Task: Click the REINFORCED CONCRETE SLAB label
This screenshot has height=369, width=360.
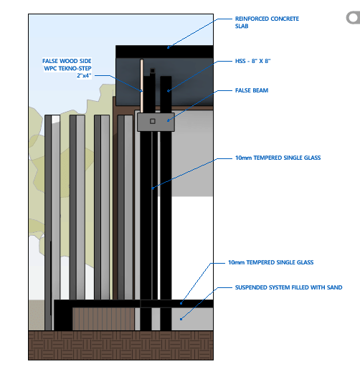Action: tap(267, 22)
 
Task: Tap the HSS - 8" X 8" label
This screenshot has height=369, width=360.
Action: tap(252, 61)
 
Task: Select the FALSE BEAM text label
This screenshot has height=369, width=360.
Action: tap(252, 90)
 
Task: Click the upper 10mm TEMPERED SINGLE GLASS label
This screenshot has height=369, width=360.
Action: tap(278, 158)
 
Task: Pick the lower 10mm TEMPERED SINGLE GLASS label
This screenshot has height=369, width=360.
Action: tap(270, 262)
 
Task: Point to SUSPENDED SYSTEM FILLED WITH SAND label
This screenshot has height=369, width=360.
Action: tap(288, 287)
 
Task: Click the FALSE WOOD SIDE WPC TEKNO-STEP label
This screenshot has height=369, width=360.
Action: tap(67, 68)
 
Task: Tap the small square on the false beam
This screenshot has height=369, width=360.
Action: tap(153, 121)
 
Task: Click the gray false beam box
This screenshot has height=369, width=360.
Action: tap(156, 122)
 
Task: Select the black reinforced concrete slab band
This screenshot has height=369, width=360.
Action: tap(164, 52)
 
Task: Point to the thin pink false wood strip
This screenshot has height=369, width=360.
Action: tap(142, 86)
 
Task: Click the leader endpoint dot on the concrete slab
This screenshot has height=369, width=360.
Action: tap(168, 47)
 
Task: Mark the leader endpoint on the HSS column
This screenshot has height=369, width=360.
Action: tap(169, 91)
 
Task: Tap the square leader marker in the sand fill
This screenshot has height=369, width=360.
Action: tap(181, 319)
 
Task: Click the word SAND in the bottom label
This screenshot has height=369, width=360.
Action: tap(335, 287)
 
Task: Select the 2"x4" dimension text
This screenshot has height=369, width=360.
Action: tap(84, 75)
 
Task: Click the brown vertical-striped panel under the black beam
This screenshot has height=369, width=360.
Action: tap(103, 319)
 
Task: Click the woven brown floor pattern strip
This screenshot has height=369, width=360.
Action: tap(120, 345)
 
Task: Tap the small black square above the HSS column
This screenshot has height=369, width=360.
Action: tap(152, 71)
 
